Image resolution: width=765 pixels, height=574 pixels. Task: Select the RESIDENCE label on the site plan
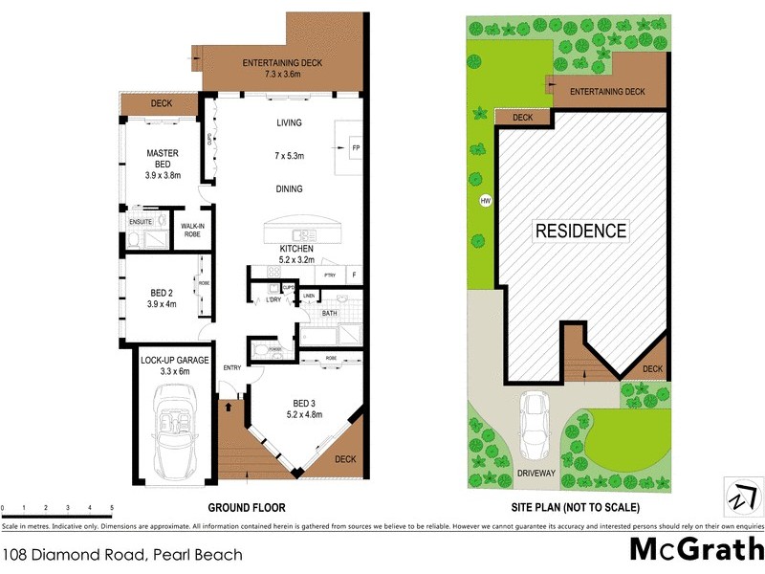tap(580, 231)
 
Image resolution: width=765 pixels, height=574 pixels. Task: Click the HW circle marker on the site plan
tap(485, 201)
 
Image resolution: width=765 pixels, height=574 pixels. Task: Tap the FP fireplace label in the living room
tap(355, 149)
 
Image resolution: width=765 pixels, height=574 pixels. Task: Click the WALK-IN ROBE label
tap(191, 230)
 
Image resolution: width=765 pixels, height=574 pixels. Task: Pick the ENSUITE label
tap(141, 222)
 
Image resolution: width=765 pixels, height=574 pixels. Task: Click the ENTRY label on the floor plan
tap(232, 367)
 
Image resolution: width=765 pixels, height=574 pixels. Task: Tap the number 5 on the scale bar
tap(112, 507)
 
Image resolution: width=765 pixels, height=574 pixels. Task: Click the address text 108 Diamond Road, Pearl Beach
tap(122, 554)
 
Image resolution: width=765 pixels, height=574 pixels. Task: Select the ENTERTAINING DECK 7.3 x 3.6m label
tap(282, 69)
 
